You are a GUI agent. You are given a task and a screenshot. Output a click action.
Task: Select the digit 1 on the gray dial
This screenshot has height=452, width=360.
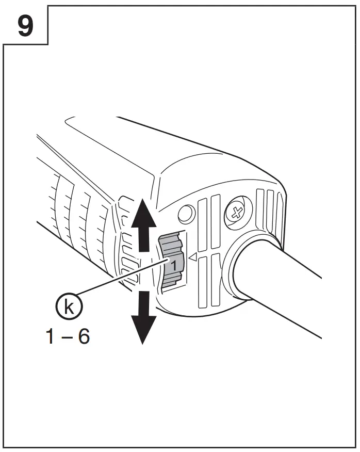pos(174,265)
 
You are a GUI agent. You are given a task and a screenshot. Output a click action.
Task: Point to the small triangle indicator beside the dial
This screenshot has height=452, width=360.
pos(193,256)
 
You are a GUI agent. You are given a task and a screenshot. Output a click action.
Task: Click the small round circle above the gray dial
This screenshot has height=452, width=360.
pos(186,213)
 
